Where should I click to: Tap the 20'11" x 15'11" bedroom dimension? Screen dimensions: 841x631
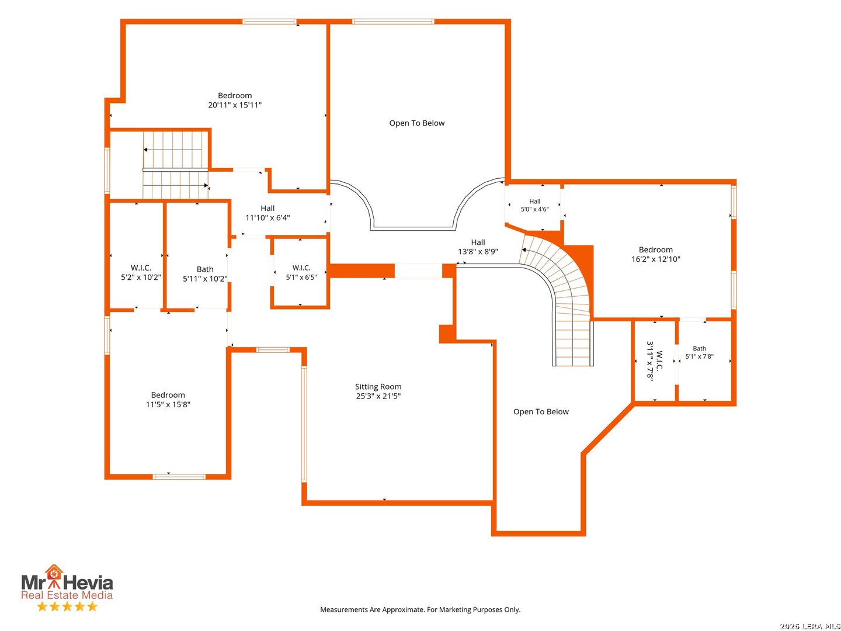point(234,105)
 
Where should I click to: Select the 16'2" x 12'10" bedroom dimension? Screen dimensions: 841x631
point(655,259)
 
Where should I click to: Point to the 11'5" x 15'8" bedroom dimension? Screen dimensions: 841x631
point(168,404)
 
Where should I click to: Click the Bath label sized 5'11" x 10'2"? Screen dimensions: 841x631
point(205,274)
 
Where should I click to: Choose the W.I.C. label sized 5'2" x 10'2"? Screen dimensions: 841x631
point(141,272)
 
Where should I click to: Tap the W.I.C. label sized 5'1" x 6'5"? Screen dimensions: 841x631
point(301,272)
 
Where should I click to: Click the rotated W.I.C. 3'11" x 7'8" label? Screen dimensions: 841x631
point(655,360)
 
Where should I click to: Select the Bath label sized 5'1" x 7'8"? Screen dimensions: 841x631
point(699,352)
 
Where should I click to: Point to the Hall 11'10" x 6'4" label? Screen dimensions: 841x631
point(267,213)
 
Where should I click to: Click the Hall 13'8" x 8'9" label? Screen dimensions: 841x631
point(478,247)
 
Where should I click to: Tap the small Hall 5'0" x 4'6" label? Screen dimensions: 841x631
point(534,205)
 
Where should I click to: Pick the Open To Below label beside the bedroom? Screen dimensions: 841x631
point(417,123)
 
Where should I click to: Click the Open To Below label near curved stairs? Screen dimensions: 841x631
point(541,411)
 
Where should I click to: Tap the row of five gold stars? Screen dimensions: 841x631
point(67,606)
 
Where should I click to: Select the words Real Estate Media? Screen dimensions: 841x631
point(67,595)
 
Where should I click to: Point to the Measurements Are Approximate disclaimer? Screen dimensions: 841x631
point(420,609)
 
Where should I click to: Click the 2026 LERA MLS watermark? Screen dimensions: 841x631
point(809,626)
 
